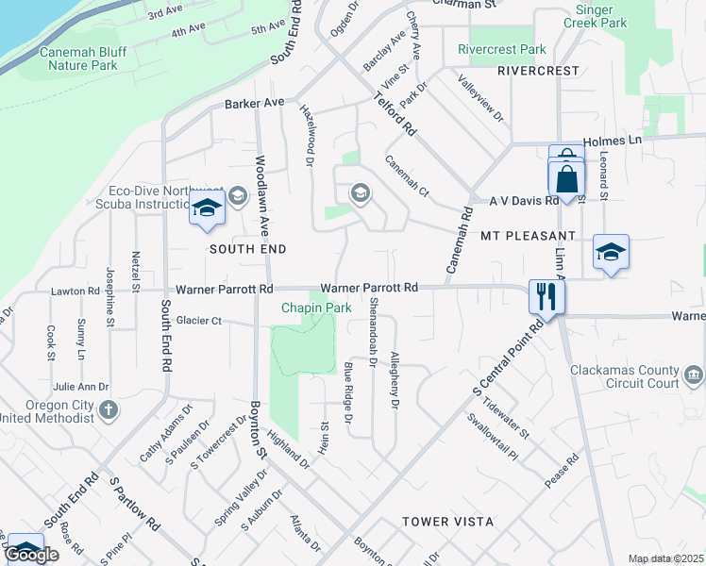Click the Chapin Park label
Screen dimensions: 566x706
tap(316, 308)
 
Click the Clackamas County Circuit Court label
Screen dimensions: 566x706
tap(624, 376)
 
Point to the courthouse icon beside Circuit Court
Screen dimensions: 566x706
tap(694, 375)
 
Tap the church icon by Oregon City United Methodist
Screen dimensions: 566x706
tap(109, 409)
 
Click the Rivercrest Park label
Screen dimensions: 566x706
tap(501, 49)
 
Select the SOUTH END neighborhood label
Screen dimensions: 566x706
tap(247, 249)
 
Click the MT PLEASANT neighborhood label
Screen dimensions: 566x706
tap(528, 235)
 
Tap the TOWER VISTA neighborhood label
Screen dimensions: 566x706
tap(447, 522)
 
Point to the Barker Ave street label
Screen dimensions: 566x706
tap(254, 103)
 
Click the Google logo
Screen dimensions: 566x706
tap(31, 555)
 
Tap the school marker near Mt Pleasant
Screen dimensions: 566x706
tap(611, 252)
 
